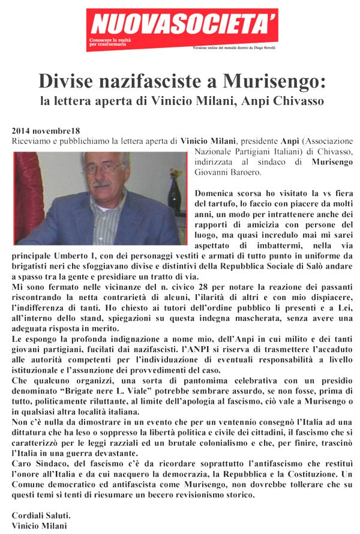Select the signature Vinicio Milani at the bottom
(40, 526)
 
